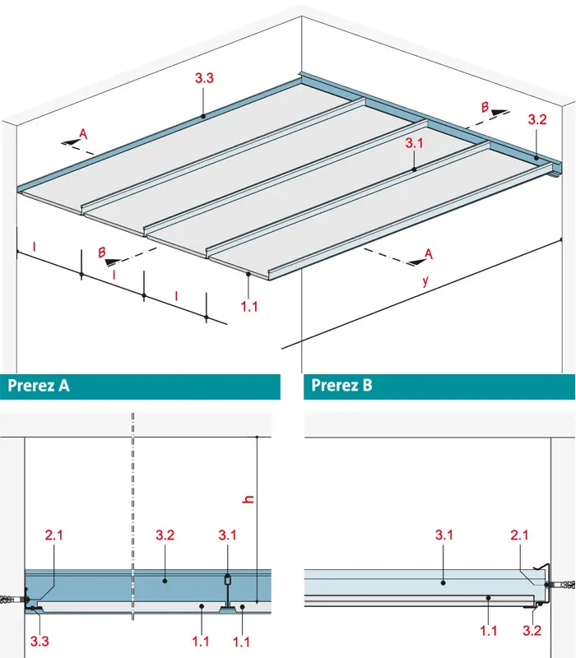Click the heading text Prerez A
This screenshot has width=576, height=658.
(39, 385)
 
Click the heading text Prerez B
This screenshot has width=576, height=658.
(341, 385)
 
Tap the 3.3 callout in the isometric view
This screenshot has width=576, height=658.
(204, 78)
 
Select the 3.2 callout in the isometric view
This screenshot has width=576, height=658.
(537, 119)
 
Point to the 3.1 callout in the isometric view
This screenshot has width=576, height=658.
(415, 143)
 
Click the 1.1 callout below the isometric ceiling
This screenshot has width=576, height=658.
(249, 306)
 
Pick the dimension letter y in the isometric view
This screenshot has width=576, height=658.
(425, 280)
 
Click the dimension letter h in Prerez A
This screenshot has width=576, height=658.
(249, 499)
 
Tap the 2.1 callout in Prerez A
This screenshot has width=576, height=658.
(54, 535)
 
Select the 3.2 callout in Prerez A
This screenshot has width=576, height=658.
(165, 535)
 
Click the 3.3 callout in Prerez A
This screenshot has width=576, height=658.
(39, 642)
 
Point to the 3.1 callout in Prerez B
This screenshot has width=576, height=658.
(444, 535)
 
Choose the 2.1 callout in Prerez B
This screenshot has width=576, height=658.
(520, 535)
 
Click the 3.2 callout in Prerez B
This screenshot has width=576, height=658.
(532, 630)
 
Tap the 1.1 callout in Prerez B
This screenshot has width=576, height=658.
(489, 630)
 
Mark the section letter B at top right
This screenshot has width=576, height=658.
(485, 108)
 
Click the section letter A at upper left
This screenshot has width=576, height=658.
(84, 134)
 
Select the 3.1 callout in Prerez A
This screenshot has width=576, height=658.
(228, 535)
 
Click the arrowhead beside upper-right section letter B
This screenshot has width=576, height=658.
(499, 113)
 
